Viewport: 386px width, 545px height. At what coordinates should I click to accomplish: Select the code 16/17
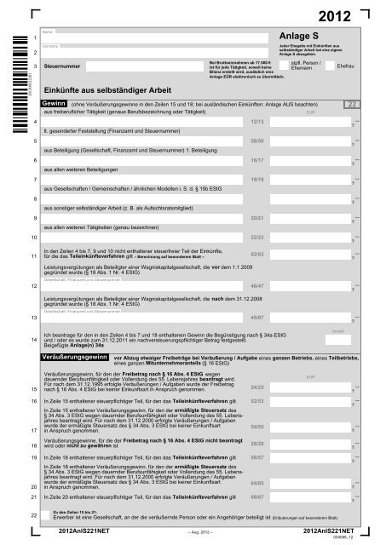(258, 158)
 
